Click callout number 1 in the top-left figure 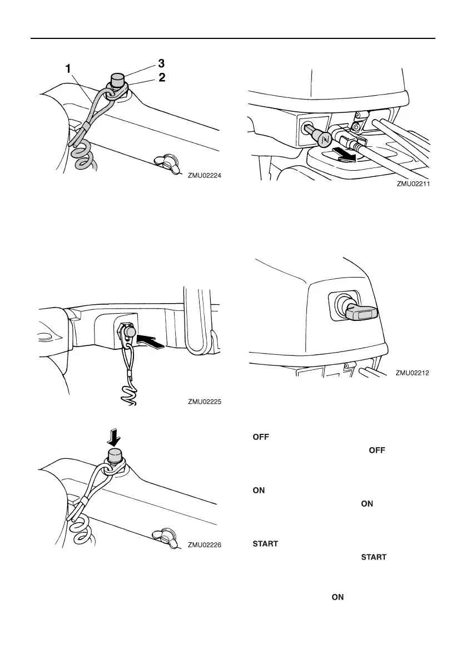click(68, 69)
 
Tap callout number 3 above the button click(162, 62)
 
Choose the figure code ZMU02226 click(205, 545)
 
